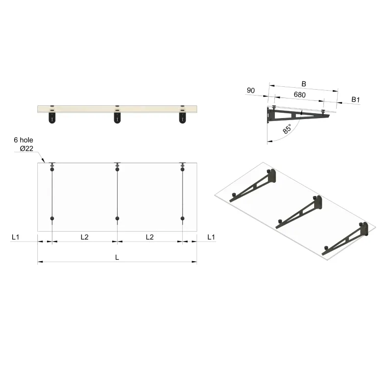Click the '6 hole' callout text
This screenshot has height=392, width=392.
(23, 140)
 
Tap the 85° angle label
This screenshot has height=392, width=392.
(287, 129)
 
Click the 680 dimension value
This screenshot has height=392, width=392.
(299, 94)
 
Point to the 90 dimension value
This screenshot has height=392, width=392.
(251, 91)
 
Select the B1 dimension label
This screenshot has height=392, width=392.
(356, 100)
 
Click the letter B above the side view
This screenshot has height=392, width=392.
(304, 84)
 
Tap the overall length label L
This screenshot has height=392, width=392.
(117, 257)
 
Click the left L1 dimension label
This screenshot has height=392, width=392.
(16, 237)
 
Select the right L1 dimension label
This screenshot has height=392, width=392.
(211, 237)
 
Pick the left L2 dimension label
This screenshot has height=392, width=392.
(84, 237)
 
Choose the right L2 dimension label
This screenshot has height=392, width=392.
(150, 237)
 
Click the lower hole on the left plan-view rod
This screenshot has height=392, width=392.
(52, 218)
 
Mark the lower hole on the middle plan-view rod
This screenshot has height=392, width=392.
(117, 218)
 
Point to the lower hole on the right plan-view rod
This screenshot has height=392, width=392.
(182, 218)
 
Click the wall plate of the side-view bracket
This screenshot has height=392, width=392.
(269, 115)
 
